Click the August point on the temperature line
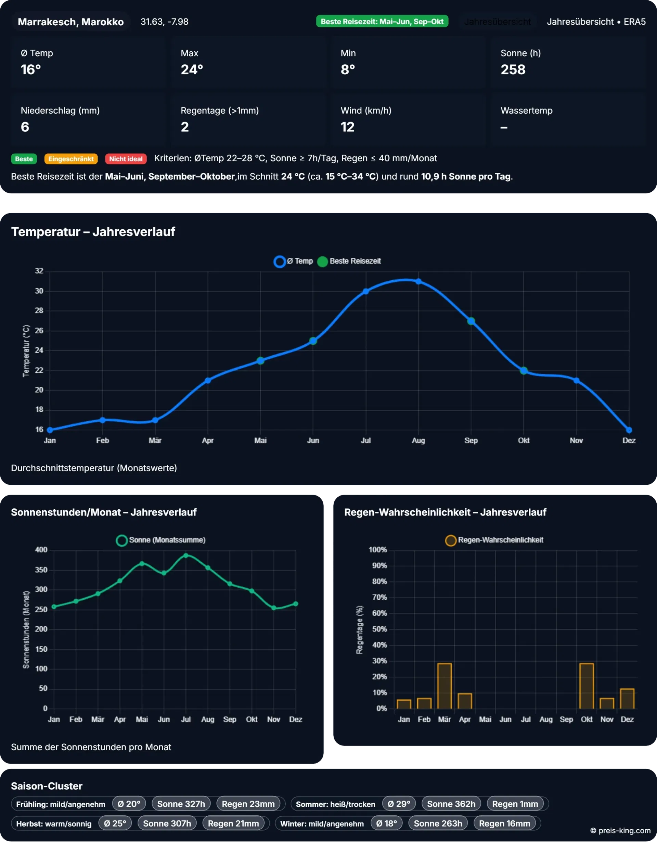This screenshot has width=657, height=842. tap(418, 281)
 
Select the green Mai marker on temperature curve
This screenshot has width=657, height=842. tap(260, 360)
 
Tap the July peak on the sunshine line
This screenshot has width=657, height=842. tap(186, 556)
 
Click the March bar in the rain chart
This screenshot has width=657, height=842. tap(444, 686)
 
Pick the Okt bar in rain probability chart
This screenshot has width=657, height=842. tap(587, 686)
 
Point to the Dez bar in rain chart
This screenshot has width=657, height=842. tap(627, 699)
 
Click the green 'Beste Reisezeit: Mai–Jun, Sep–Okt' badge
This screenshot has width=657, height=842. tap(382, 22)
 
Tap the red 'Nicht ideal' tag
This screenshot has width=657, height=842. tap(126, 159)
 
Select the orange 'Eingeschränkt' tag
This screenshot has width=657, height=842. tap(71, 159)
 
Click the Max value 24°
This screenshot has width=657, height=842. tap(192, 70)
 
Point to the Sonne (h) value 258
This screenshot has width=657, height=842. tap(513, 70)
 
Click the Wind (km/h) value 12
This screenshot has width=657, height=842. tap(348, 127)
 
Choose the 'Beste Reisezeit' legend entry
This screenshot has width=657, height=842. tap(349, 261)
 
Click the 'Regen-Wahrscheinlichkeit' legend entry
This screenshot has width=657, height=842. tap(494, 540)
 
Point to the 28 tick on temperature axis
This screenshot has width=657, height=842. tap(39, 310)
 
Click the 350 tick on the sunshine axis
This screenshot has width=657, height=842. tap(41, 570)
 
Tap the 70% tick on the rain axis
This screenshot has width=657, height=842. tap(379, 597)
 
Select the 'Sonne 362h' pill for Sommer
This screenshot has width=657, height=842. tap(451, 804)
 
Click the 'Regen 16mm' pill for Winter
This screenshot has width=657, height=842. tap(504, 824)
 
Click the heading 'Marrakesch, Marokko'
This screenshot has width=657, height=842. tap(71, 22)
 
